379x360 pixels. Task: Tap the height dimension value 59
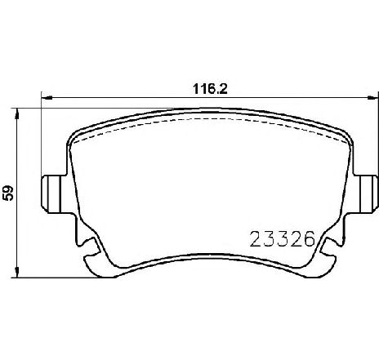pos(9,193)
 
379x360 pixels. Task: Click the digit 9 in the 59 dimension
pos(9,189)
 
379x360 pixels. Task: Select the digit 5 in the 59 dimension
pos(9,198)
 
